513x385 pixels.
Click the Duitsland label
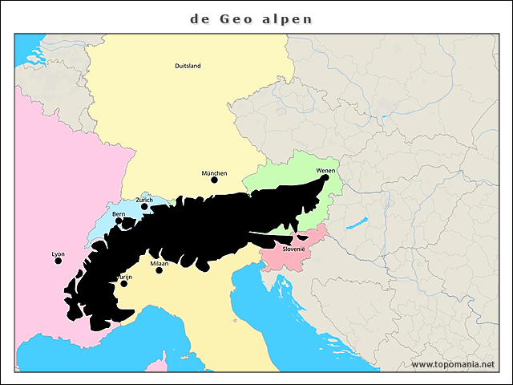[188, 66]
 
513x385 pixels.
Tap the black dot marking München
[214, 180]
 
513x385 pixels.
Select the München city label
[214, 172]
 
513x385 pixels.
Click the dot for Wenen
[326, 178]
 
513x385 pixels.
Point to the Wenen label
[326, 171]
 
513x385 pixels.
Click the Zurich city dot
[145, 206]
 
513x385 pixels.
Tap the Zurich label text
[144, 200]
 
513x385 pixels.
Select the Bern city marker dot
[119, 221]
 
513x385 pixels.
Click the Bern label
[119, 214]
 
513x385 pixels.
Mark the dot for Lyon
[58, 261]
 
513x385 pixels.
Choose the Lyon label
[58, 253]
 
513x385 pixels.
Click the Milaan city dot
[159, 270]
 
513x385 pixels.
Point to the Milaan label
[159, 263]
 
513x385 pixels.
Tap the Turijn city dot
[123, 283]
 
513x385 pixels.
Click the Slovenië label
[293, 249]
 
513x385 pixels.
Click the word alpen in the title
[288, 18]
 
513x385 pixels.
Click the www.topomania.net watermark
[453, 365]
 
